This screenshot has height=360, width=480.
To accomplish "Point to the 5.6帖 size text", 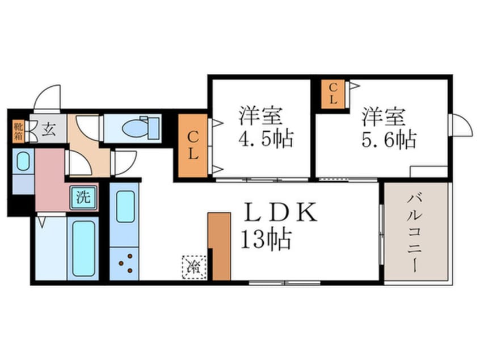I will point(389,139).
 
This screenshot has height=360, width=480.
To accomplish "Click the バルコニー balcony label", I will point(417,233).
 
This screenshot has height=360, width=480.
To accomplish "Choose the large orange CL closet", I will point(193,146).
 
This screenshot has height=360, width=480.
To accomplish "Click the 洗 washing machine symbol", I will point(83,198).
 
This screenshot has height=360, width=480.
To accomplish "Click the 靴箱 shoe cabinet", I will point(18,131).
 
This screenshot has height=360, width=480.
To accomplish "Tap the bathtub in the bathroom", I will point(83,248).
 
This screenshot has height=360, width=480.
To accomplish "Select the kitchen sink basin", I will point(125,206).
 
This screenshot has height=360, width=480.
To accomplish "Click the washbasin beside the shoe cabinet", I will point(23,162).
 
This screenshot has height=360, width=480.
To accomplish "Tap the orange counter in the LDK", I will point(219,246).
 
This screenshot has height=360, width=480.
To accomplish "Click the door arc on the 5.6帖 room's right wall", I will point(461,125).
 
